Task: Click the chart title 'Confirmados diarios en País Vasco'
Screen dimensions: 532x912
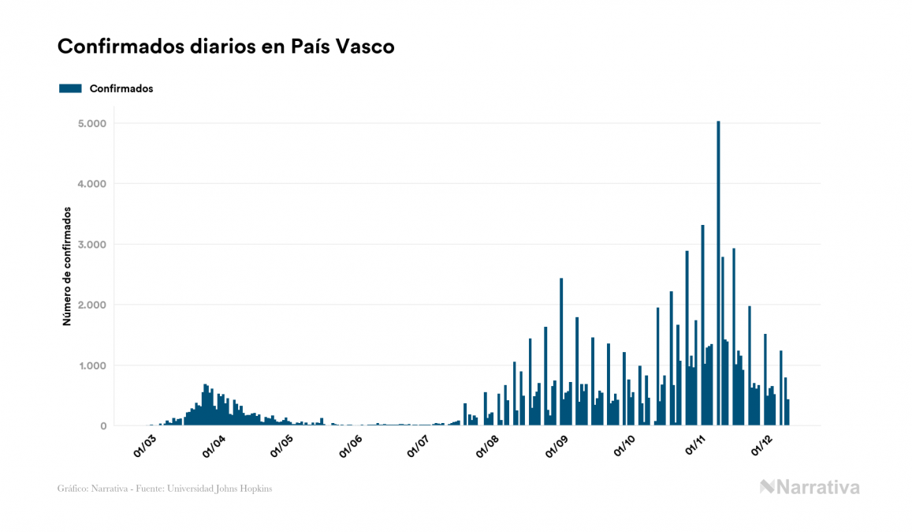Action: pyautogui.click(x=225, y=47)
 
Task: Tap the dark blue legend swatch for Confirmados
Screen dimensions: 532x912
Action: pyautogui.click(x=70, y=88)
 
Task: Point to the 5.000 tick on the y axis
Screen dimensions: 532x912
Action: pyautogui.click(x=92, y=124)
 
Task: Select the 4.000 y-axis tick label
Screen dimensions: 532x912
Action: pyautogui.click(x=92, y=184)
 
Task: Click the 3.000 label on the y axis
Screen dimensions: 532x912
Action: pyautogui.click(x=92, y=245)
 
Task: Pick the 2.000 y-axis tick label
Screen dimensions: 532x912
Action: pyautogui.click(x=92, y=305)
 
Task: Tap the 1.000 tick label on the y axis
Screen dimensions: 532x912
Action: pyautogui.click(x=92, y=365)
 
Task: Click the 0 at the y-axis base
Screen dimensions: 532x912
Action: pyautogui.click(x=102, y=426)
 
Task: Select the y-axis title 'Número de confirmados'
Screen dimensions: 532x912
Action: pyautogui.click(x=67, y=267)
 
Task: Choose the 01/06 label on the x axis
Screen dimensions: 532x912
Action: pyautogui.click(x=352, y=448)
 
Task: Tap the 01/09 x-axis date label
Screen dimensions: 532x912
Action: pyautogui.click(x=557, y=448)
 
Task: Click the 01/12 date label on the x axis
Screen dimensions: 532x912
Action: pyautogui.click(x=762, y=448)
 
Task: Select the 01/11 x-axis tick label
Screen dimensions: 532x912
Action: pyautogui.click(x=694, y=448)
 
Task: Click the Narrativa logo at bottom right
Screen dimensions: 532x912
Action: pyautogui.click(x=810, y=487)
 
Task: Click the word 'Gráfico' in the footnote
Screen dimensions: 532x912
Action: pyautogui.click(x=72, y=489)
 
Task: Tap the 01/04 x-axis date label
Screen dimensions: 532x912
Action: pyautogui.click(x=214, y=448)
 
